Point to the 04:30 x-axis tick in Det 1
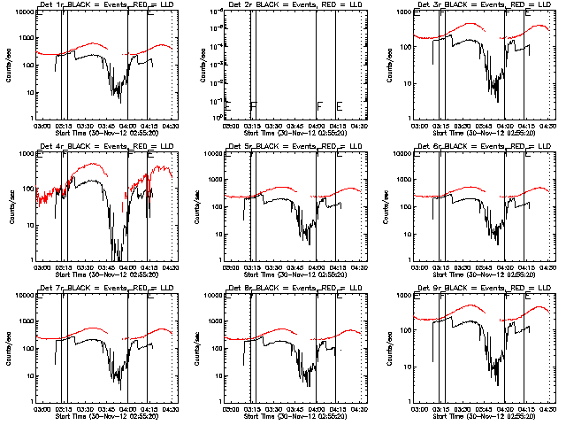(169, 125)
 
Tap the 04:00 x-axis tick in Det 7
(127, 408)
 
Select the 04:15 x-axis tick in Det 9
(525, 408)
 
